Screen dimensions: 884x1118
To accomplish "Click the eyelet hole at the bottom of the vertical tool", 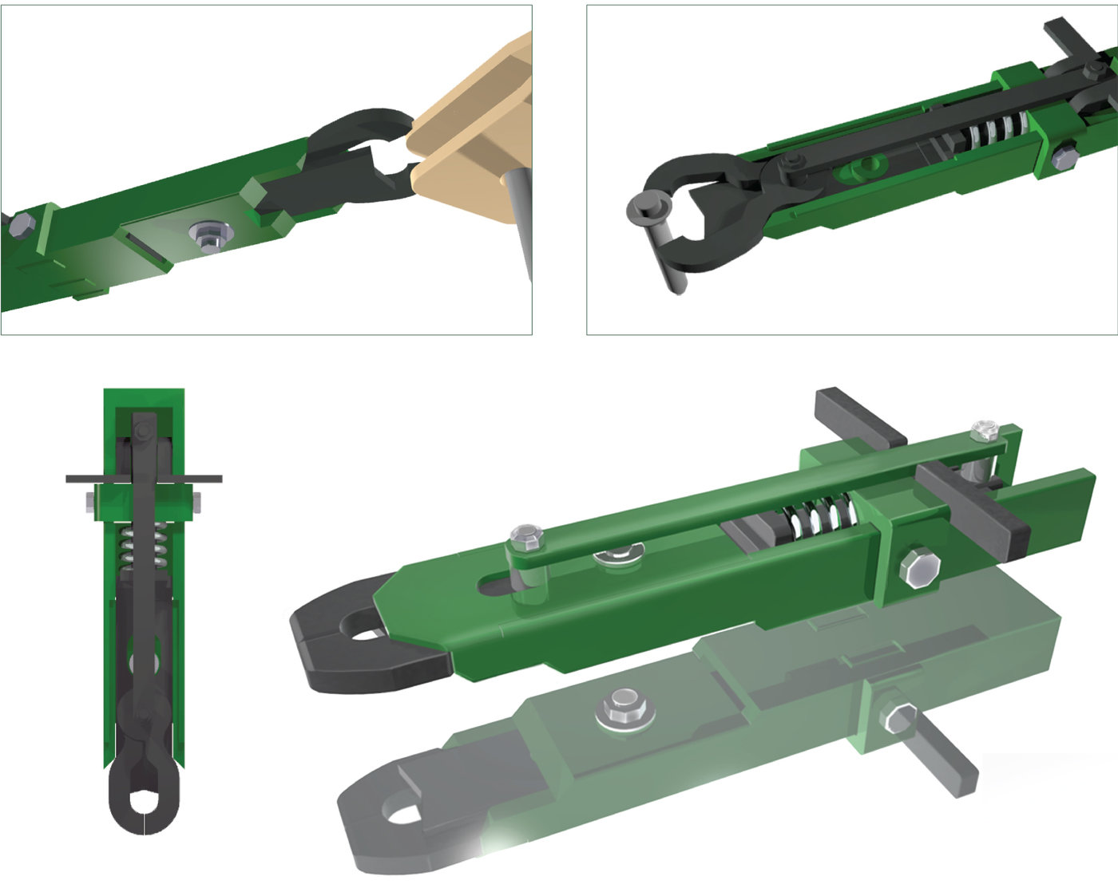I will tap(145, 801).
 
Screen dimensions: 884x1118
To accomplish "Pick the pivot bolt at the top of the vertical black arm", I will tap(144, 432).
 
